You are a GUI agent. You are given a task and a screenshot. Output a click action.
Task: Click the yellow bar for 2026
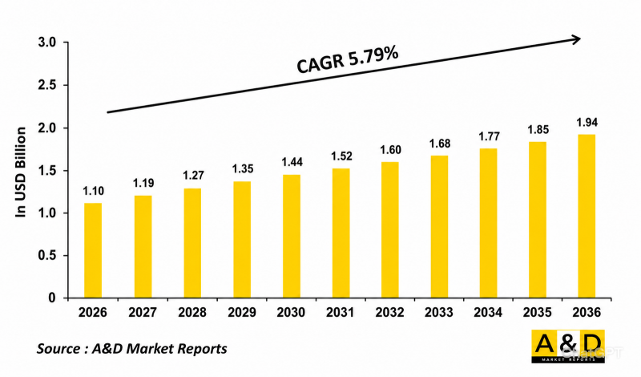coord(93,250)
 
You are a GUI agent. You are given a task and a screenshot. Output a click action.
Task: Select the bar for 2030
coord(292,236)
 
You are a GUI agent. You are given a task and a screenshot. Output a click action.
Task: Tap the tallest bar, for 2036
coord(587,216)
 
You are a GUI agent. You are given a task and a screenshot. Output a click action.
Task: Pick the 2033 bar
coord(439,227)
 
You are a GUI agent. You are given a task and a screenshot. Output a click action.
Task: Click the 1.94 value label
coord(587,123)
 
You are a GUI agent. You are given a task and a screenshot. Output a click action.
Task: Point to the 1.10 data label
coord(94,191)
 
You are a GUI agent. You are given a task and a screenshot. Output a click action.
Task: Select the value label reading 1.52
coord(341,156)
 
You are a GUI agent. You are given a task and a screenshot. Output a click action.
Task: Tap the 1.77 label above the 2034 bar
coord(489,136)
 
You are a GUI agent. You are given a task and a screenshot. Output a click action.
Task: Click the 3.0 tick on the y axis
coord(47,43)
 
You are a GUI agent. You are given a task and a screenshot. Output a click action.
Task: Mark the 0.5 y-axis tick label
coord(47,255)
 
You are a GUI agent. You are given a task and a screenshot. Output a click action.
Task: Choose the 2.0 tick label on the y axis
coord(47,128)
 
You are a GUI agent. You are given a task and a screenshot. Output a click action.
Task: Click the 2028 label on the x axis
coord(192,312)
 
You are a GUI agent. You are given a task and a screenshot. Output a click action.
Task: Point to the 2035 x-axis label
coord(537,312)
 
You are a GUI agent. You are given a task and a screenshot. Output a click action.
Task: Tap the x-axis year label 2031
coord(340,312)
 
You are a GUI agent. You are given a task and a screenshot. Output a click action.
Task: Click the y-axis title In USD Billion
coord(21,172)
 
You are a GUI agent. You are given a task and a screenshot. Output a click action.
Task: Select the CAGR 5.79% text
coord(348,60)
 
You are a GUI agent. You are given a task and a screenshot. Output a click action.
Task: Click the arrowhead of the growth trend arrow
coord(576,39)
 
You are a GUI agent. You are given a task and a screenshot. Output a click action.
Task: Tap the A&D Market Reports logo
coord(568,347)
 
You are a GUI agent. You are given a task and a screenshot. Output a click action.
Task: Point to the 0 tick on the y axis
coord(52,298)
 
